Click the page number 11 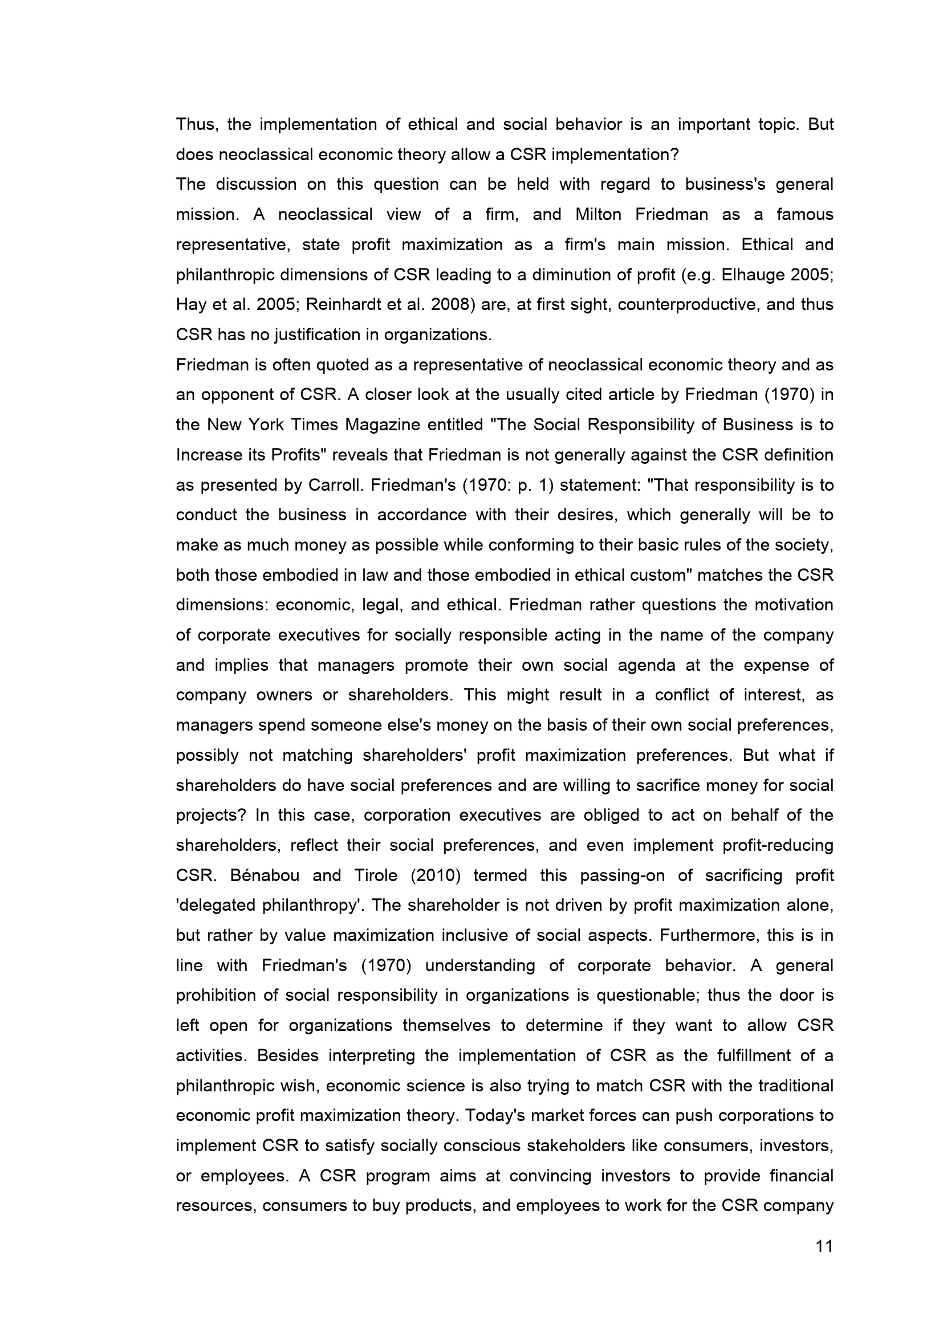824,1246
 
